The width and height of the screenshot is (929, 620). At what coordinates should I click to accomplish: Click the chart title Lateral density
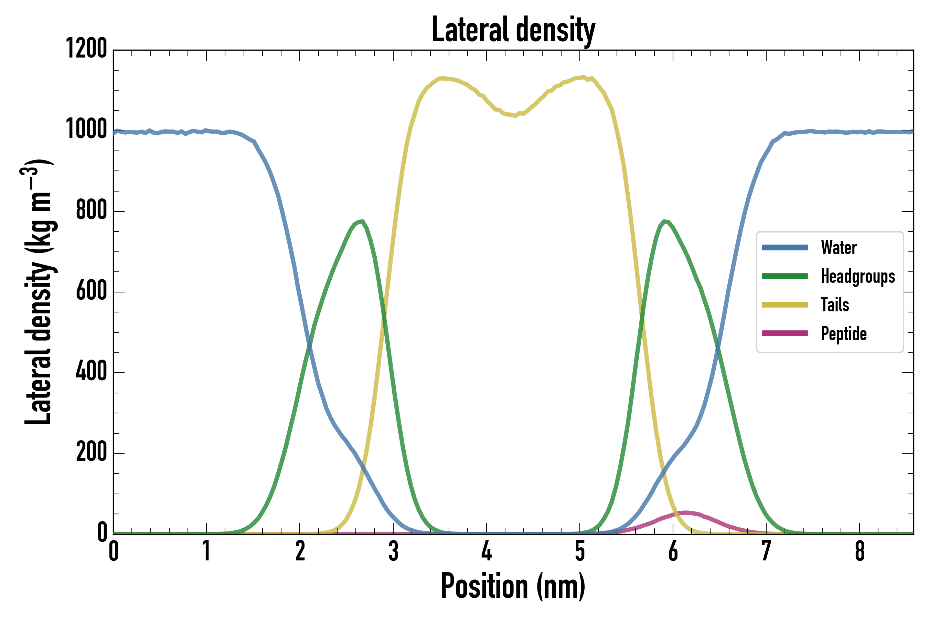[x=513, y=30]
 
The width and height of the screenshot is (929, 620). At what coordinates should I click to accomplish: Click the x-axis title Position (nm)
[x=513, y=586]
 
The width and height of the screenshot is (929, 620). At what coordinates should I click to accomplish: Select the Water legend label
[x=839, y=248]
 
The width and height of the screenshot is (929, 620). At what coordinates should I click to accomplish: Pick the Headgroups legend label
[x=857, y=276]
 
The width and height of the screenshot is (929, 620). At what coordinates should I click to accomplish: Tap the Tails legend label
[x=835, y=305]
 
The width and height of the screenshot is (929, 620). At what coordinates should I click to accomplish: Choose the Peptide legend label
[x=844, y=334]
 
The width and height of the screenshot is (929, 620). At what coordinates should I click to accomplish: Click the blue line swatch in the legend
[x=784, y=248]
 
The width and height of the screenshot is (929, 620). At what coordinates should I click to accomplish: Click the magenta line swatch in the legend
[x=784, y=333]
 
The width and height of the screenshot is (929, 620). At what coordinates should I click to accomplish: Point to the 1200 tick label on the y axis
[x=86, y=49]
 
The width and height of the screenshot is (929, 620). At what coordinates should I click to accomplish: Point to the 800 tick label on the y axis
[x=91, y=210]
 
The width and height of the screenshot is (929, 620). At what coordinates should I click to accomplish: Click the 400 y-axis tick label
[x=91, y=371]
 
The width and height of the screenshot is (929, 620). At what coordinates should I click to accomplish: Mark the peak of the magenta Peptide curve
[x=686, y=513]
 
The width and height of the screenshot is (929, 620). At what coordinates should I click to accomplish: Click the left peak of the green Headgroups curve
[x=361, y=221]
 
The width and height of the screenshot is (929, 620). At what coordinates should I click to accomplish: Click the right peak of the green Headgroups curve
[x=665, y=221]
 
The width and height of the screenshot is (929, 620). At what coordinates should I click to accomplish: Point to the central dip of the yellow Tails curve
[x=514, y=115]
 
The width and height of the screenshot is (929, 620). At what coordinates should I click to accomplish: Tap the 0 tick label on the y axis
[x=102, y=533]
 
